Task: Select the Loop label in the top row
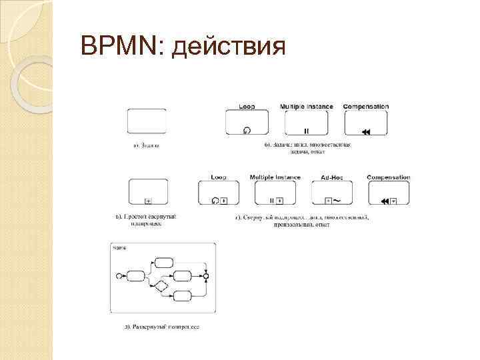click(247, 107)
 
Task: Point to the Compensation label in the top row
click(366, 107)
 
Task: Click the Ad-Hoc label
click(331, 177)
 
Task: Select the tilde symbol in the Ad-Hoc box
click(337, 200)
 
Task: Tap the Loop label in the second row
click(218, 177)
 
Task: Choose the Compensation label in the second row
click(389, 177)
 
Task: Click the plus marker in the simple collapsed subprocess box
click(148, 201)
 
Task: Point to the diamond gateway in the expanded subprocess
click(160, 287)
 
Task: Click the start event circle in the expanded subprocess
click(119, 275)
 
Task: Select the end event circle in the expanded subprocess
click(207, 275)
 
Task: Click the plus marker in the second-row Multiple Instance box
click(280, 201)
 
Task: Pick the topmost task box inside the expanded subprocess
click(163, 261)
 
